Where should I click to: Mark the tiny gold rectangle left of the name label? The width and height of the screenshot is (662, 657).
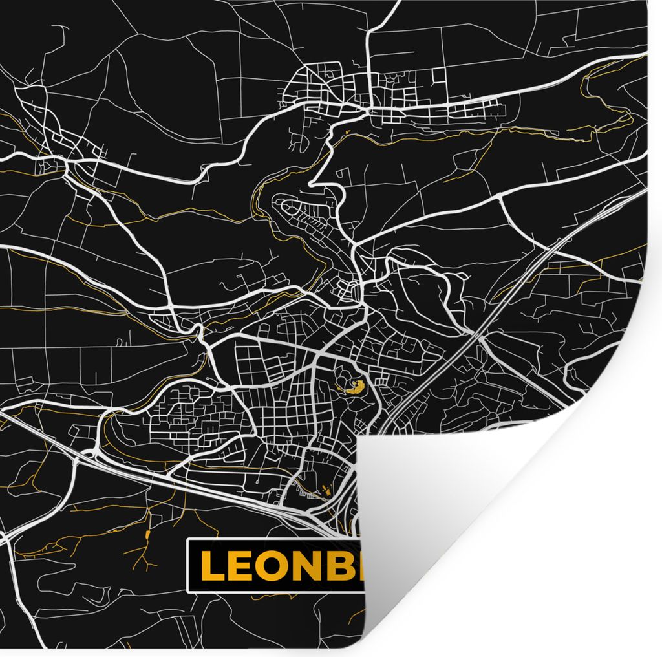(x=147, y=534)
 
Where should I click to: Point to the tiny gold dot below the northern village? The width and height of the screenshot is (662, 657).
(x=348, y=133)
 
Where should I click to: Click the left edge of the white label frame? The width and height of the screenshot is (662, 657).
(x=187, y=566)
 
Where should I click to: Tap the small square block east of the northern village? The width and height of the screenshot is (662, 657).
(x=439, y=76)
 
